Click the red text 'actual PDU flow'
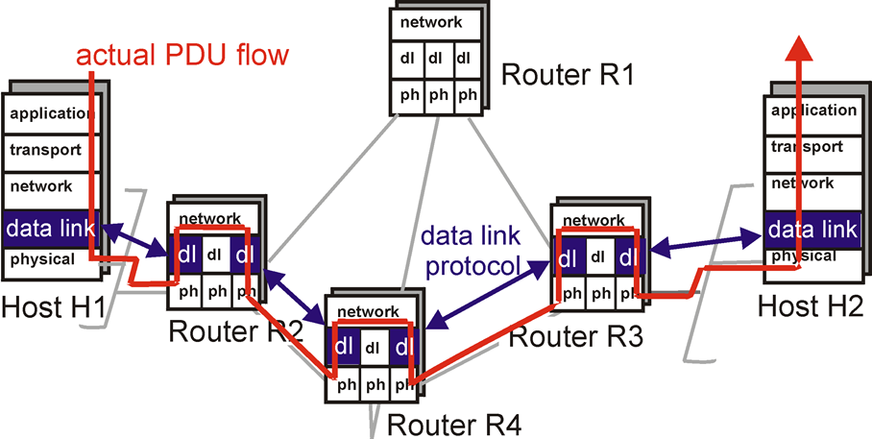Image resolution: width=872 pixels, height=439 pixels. pos(182,55)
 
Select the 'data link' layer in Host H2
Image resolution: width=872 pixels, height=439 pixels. pos(811,229)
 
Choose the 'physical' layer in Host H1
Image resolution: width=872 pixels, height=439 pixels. pos(43,259)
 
